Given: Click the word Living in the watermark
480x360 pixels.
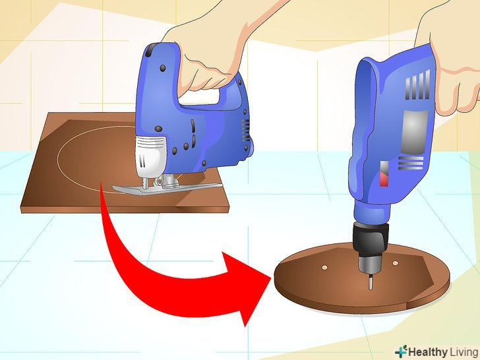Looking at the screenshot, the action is [464, 351].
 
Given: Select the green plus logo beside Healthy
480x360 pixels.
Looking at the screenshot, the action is [401, 351].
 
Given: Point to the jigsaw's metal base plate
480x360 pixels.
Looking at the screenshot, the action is [167, 189].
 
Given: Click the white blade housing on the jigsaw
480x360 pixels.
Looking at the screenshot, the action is [151, 156].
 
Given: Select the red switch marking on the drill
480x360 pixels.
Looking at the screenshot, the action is [384, 179].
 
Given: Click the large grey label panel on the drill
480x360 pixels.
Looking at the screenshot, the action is [414, 132].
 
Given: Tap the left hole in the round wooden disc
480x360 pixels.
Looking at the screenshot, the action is [324, 268].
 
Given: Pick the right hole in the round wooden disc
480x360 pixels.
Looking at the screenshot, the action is [395, 263].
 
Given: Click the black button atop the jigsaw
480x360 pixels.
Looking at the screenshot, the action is [151, 50].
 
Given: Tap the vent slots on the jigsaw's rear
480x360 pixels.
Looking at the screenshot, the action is [245, 130].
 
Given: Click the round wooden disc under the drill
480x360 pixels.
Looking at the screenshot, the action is [362, 278].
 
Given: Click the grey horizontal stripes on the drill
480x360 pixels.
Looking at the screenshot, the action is [411, 163].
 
